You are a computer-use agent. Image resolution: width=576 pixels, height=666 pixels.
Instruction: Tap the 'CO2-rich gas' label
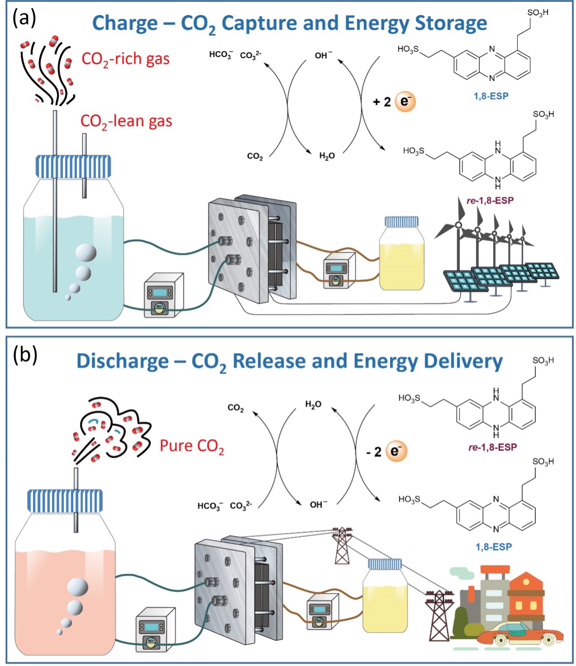coord(125,59)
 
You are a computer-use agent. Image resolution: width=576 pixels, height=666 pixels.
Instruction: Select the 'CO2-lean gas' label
coord(126,121)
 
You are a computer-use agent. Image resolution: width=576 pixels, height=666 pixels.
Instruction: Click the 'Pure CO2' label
coord(192,446)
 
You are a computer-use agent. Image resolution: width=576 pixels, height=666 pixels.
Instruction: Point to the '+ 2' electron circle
coord(405,101)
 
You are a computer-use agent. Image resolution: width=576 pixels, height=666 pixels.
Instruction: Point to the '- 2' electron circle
coord(397,451)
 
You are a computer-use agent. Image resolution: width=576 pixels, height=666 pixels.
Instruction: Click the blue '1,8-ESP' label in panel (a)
coord(491,96)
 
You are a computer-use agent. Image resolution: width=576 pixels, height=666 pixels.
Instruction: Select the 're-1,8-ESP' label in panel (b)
coord(492,447)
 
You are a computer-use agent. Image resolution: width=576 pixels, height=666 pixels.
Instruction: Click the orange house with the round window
coord(526,593)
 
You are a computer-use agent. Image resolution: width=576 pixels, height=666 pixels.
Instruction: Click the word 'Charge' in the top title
coord(125,23)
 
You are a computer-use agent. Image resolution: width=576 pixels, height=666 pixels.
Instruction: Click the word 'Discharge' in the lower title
coord(123,361)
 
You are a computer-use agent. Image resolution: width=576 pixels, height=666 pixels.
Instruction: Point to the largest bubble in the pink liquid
coord(77,587)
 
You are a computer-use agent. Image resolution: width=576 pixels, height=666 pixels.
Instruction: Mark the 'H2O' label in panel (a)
coord(327,156)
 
